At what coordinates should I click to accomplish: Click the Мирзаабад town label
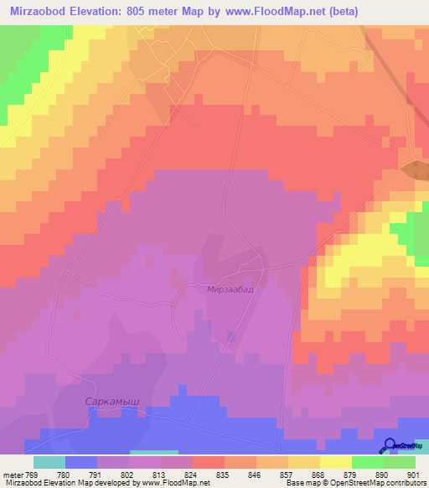tap(230, 289)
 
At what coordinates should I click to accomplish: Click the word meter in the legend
tap(12, 474)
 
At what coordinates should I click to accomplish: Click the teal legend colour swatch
tap(49, 462)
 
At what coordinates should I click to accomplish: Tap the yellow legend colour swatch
tap(335, 462)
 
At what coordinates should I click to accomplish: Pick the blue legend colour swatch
tap(80, 462)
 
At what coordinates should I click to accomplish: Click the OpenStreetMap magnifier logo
tap(389, 445)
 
